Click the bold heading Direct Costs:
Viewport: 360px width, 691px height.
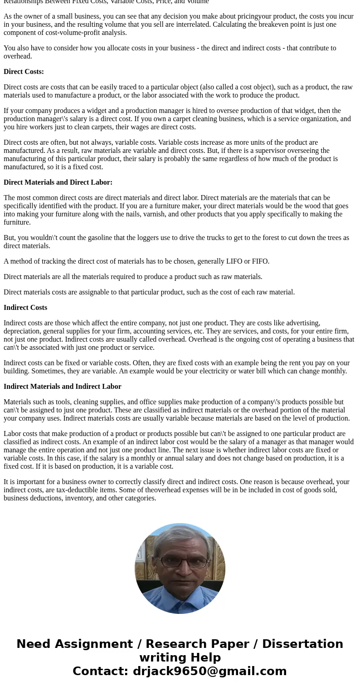click(24, 72)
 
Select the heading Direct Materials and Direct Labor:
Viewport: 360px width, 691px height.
click(58, 182)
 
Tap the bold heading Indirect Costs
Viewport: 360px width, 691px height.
click(25, 308)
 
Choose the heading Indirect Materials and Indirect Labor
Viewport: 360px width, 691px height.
click(63, 387)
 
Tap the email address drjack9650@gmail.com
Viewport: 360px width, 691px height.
click(209, 671)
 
